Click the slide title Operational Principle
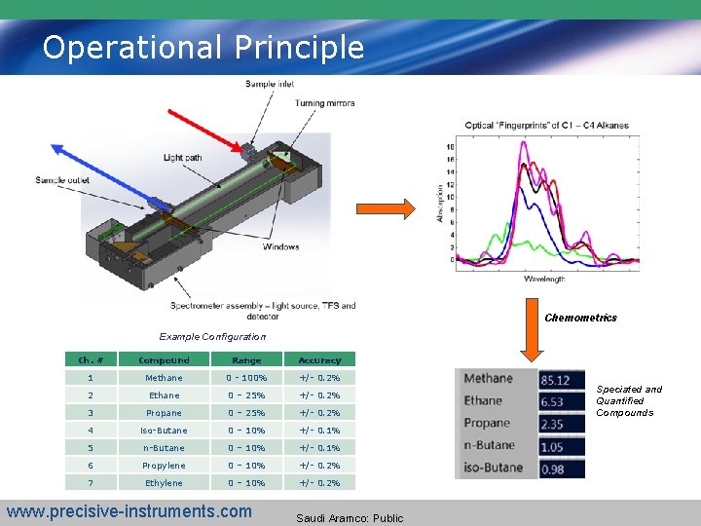point(203,47)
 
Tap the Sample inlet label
point(270,84)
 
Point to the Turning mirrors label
point(324,103)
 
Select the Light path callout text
point(185,158)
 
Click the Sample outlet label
point(63,180)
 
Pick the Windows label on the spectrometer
point(280,246)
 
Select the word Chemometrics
point(580,318)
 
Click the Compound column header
point(164,360)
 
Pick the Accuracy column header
point(319,360)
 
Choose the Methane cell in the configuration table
point(164,378)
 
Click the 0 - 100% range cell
point(246,378)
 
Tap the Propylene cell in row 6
point(164,466)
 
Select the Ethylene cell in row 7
point(164,483)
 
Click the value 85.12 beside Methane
point(555,379)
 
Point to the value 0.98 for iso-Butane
point(552,469)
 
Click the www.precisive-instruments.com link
point(129,511)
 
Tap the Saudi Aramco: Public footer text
point(350,518)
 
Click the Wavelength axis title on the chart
point(543,280)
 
